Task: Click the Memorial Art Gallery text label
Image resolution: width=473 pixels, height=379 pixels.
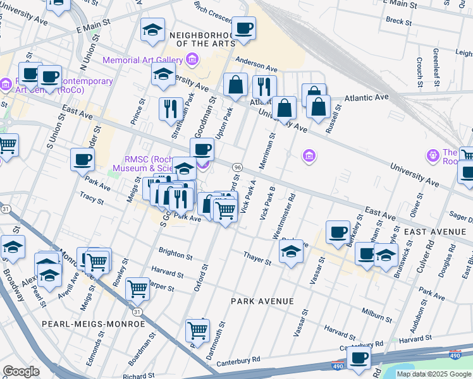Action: (142, 61)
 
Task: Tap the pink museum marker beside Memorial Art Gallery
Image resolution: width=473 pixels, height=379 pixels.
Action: (193, 61)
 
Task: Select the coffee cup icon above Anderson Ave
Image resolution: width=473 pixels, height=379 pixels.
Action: (243, 29)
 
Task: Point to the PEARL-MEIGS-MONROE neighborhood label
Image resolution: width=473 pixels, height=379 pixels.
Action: (94, 324)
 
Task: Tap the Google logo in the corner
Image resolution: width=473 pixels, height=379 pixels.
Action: (21, 371)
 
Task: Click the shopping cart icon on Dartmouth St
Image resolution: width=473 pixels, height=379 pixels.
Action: (197, 330)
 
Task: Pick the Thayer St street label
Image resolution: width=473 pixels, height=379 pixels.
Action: (258, 257)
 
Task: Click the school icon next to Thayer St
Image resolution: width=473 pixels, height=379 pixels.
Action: (290, 253)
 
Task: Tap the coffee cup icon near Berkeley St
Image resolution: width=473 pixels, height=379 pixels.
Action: (338, 232)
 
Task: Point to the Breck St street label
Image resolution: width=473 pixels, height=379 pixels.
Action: (398, 21)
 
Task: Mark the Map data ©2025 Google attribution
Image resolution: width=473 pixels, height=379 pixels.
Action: (433, 374)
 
